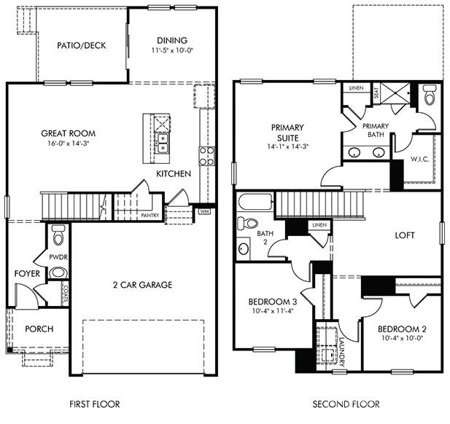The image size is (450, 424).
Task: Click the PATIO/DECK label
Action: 81,45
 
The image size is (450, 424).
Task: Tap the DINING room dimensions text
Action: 172,51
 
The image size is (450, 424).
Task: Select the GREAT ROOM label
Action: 69,133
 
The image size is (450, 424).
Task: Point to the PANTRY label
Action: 150,216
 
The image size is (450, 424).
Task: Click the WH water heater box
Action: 206,212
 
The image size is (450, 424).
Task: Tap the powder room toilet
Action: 58,235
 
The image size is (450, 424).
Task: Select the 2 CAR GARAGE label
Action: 142,285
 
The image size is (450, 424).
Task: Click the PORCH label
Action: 39,329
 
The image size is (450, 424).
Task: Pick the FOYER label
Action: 27,273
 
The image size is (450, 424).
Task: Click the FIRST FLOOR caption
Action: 94,404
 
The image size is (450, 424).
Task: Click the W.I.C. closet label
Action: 419,157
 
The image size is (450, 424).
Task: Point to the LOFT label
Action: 406,235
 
